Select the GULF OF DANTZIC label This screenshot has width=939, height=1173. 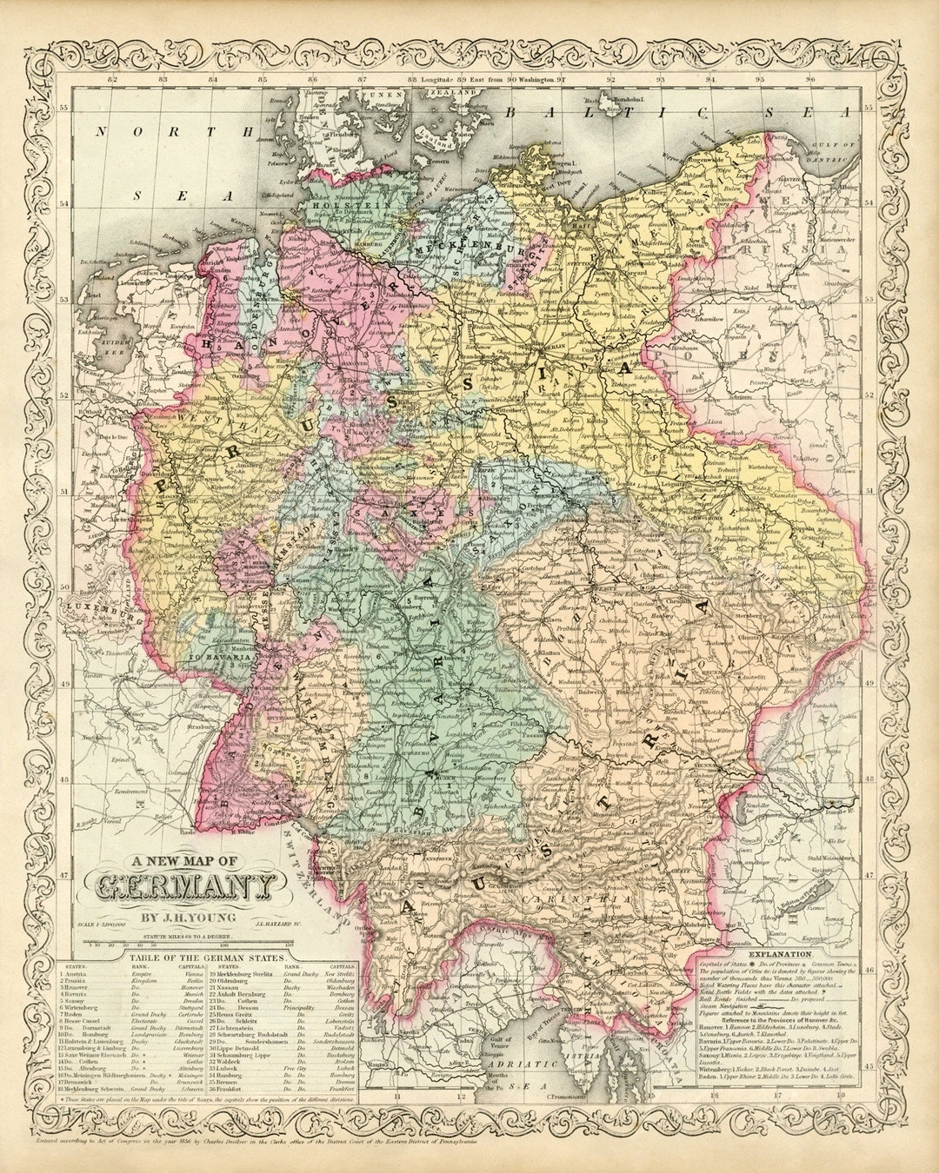828,157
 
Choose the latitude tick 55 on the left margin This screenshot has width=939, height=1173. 64,109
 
